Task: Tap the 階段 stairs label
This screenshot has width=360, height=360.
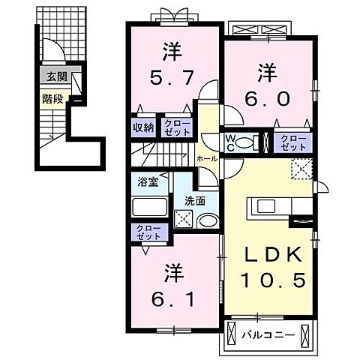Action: [52, 96]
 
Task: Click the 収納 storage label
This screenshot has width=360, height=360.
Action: [144, 127]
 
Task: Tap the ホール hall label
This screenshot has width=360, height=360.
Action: [206, 159]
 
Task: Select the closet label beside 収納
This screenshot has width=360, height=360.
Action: [177, 127]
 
